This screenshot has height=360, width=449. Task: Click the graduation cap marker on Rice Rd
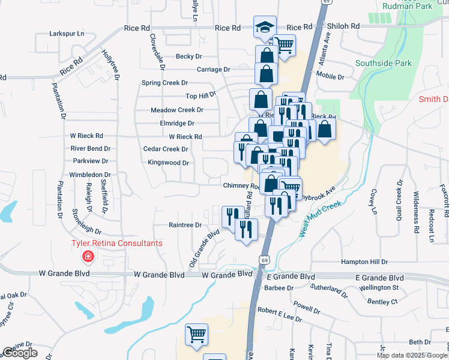pos(265,28)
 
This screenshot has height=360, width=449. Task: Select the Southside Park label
pos(384,62)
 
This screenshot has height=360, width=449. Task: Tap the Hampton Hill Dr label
pos(365,262)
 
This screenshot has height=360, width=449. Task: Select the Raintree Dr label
pos(185,225)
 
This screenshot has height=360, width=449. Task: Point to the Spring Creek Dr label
pos(164,83)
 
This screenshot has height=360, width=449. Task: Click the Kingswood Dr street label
pos(169,163)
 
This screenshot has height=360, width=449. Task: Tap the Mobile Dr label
pos(330,77)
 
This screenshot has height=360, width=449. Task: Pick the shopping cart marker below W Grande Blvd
pos(196,335)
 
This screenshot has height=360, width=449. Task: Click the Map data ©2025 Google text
pos(412,355)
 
